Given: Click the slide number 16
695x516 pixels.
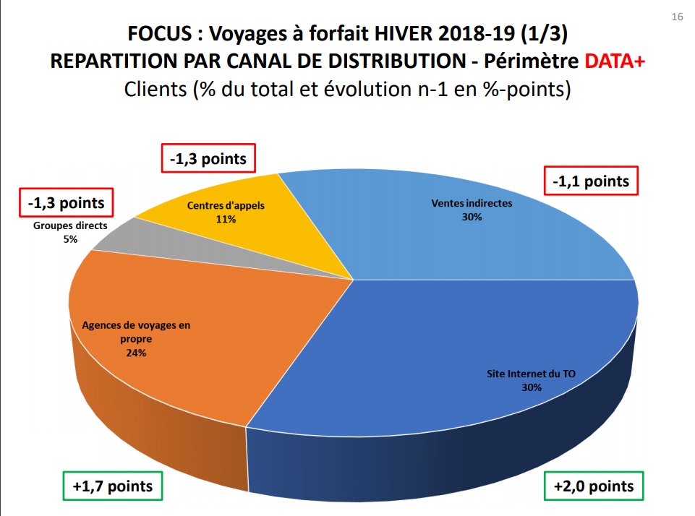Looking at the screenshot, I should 677,17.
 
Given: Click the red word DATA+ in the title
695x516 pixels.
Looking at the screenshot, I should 615,61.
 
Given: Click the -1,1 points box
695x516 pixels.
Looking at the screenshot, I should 591,181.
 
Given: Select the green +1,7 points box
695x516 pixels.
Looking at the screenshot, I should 112,486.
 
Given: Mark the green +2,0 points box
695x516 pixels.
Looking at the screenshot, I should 593,486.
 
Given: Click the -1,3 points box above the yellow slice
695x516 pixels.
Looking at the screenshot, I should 208,159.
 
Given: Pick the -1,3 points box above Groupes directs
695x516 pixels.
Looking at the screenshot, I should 66,203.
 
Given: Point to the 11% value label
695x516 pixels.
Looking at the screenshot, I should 226,218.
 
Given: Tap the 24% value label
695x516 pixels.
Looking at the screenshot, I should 136,353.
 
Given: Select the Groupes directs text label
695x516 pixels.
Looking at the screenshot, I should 70,225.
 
